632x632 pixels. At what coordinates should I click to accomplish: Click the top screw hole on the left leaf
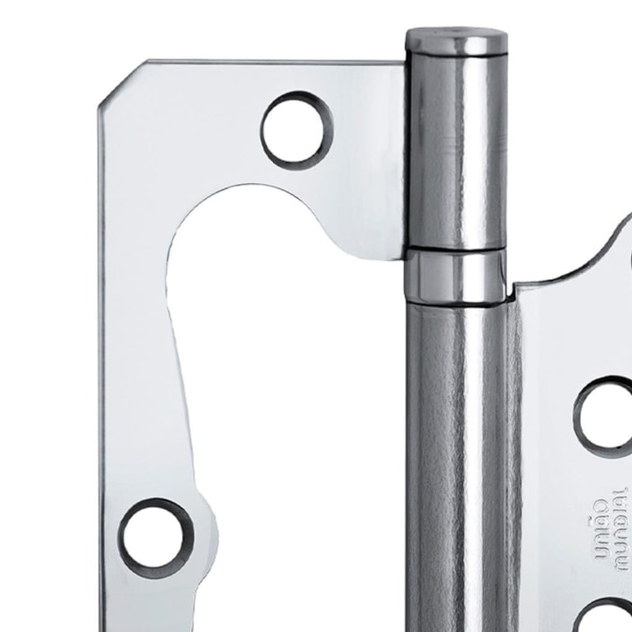[297, 131]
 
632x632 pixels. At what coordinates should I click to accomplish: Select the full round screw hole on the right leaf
[607, 412]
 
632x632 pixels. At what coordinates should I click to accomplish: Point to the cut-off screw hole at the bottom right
[610, 618]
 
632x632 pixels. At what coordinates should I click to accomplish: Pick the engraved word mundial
[619, 530]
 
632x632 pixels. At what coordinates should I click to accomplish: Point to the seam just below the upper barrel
[453, 250]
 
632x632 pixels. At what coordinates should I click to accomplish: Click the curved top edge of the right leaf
[584, 260]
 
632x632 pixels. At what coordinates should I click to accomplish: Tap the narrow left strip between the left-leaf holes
[135, 359]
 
